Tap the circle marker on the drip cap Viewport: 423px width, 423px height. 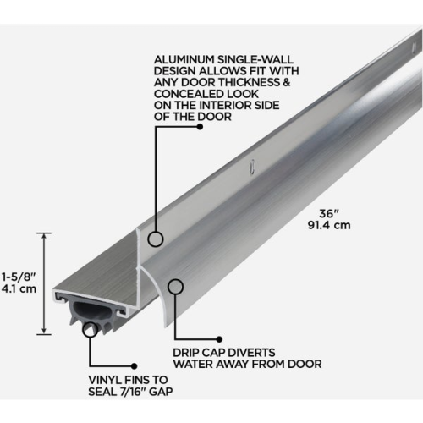(x=175, y=287)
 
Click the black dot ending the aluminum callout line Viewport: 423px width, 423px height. (x=199, y=127)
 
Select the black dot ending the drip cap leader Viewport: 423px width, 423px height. (x=219, y=338)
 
